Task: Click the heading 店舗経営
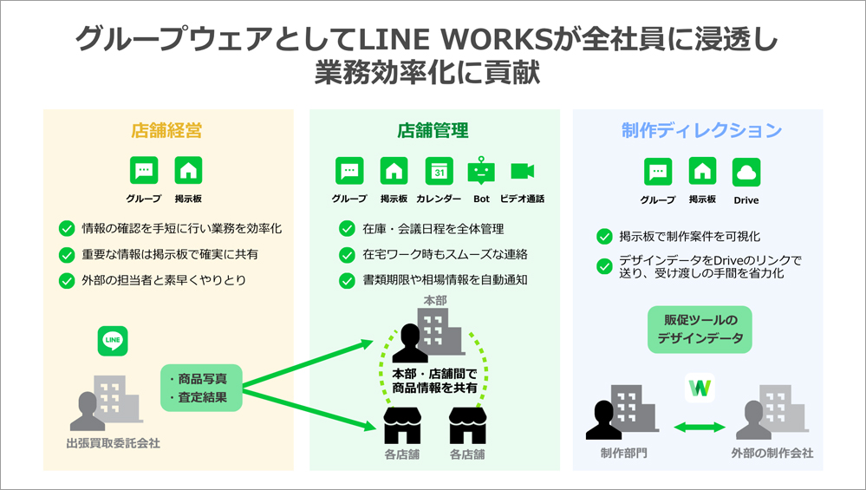(x=167, y=132)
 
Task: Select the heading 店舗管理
(x=433, y=132)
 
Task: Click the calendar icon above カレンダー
(x=440, y=171)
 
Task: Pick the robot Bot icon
(x=482, y=171)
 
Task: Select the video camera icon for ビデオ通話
(x=523, y=171)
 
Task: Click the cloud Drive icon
(x=746, y=172)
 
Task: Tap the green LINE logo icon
(x=113, y=340)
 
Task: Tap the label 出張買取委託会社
(x=113, y=444)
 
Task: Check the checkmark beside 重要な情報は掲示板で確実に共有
(x=67, y=255)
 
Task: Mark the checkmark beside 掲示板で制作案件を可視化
(x=604, y=237)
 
